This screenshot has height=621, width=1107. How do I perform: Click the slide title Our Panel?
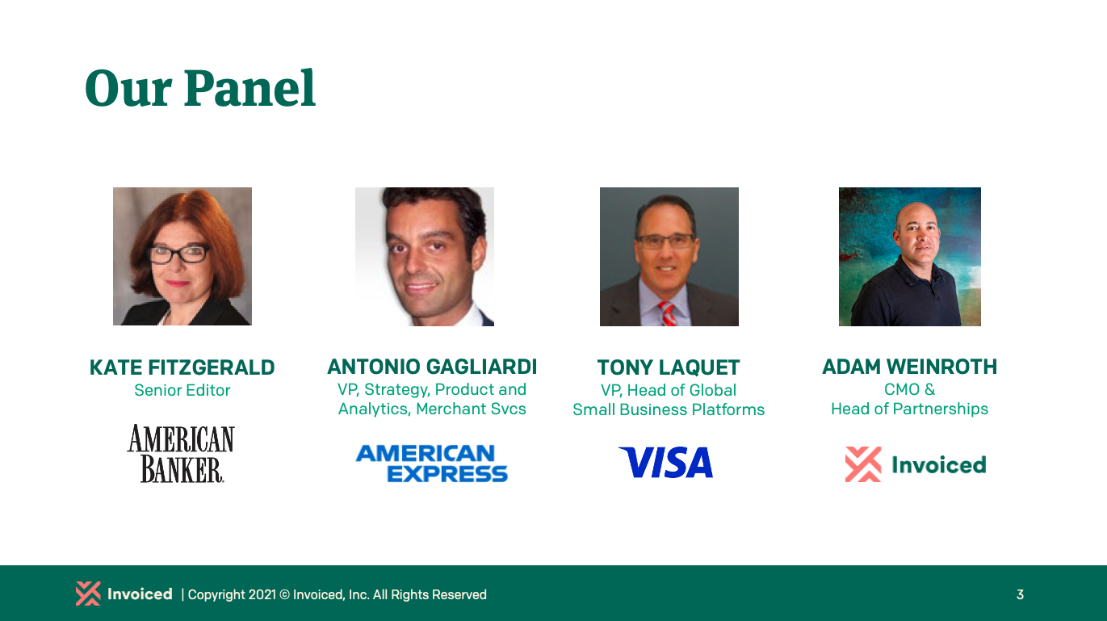[199, 88]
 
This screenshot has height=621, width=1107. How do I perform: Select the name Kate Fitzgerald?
[182, 368]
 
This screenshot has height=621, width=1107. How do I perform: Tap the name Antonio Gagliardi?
[432, 367]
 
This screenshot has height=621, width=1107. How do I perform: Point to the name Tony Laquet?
[668, 368]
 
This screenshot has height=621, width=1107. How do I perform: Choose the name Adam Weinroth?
[909, 367]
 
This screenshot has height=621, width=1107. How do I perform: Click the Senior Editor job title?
[182, 391]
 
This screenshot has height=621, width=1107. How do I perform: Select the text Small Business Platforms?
[668, 409]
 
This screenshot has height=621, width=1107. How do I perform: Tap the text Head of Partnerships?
[909, 409]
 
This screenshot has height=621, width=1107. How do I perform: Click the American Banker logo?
[181, 454]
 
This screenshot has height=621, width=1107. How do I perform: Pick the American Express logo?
[432, 464]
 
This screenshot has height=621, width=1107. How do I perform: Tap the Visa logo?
[666, 463]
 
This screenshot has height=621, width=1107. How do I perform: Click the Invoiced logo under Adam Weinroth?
[915, 465]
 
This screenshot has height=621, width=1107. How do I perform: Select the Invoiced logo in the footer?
[124, 594]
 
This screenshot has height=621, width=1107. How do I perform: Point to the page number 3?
[1020, 595]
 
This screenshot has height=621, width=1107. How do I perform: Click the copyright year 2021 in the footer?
[262, 595]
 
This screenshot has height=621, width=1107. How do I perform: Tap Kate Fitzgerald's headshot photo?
[182, 257]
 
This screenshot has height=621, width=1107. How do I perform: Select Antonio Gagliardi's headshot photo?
[425, 257]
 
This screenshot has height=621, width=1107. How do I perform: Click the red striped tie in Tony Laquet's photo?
[668, 313]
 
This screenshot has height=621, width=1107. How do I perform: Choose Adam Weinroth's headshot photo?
[910, 257]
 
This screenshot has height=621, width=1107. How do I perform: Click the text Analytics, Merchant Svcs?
[432, 409]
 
